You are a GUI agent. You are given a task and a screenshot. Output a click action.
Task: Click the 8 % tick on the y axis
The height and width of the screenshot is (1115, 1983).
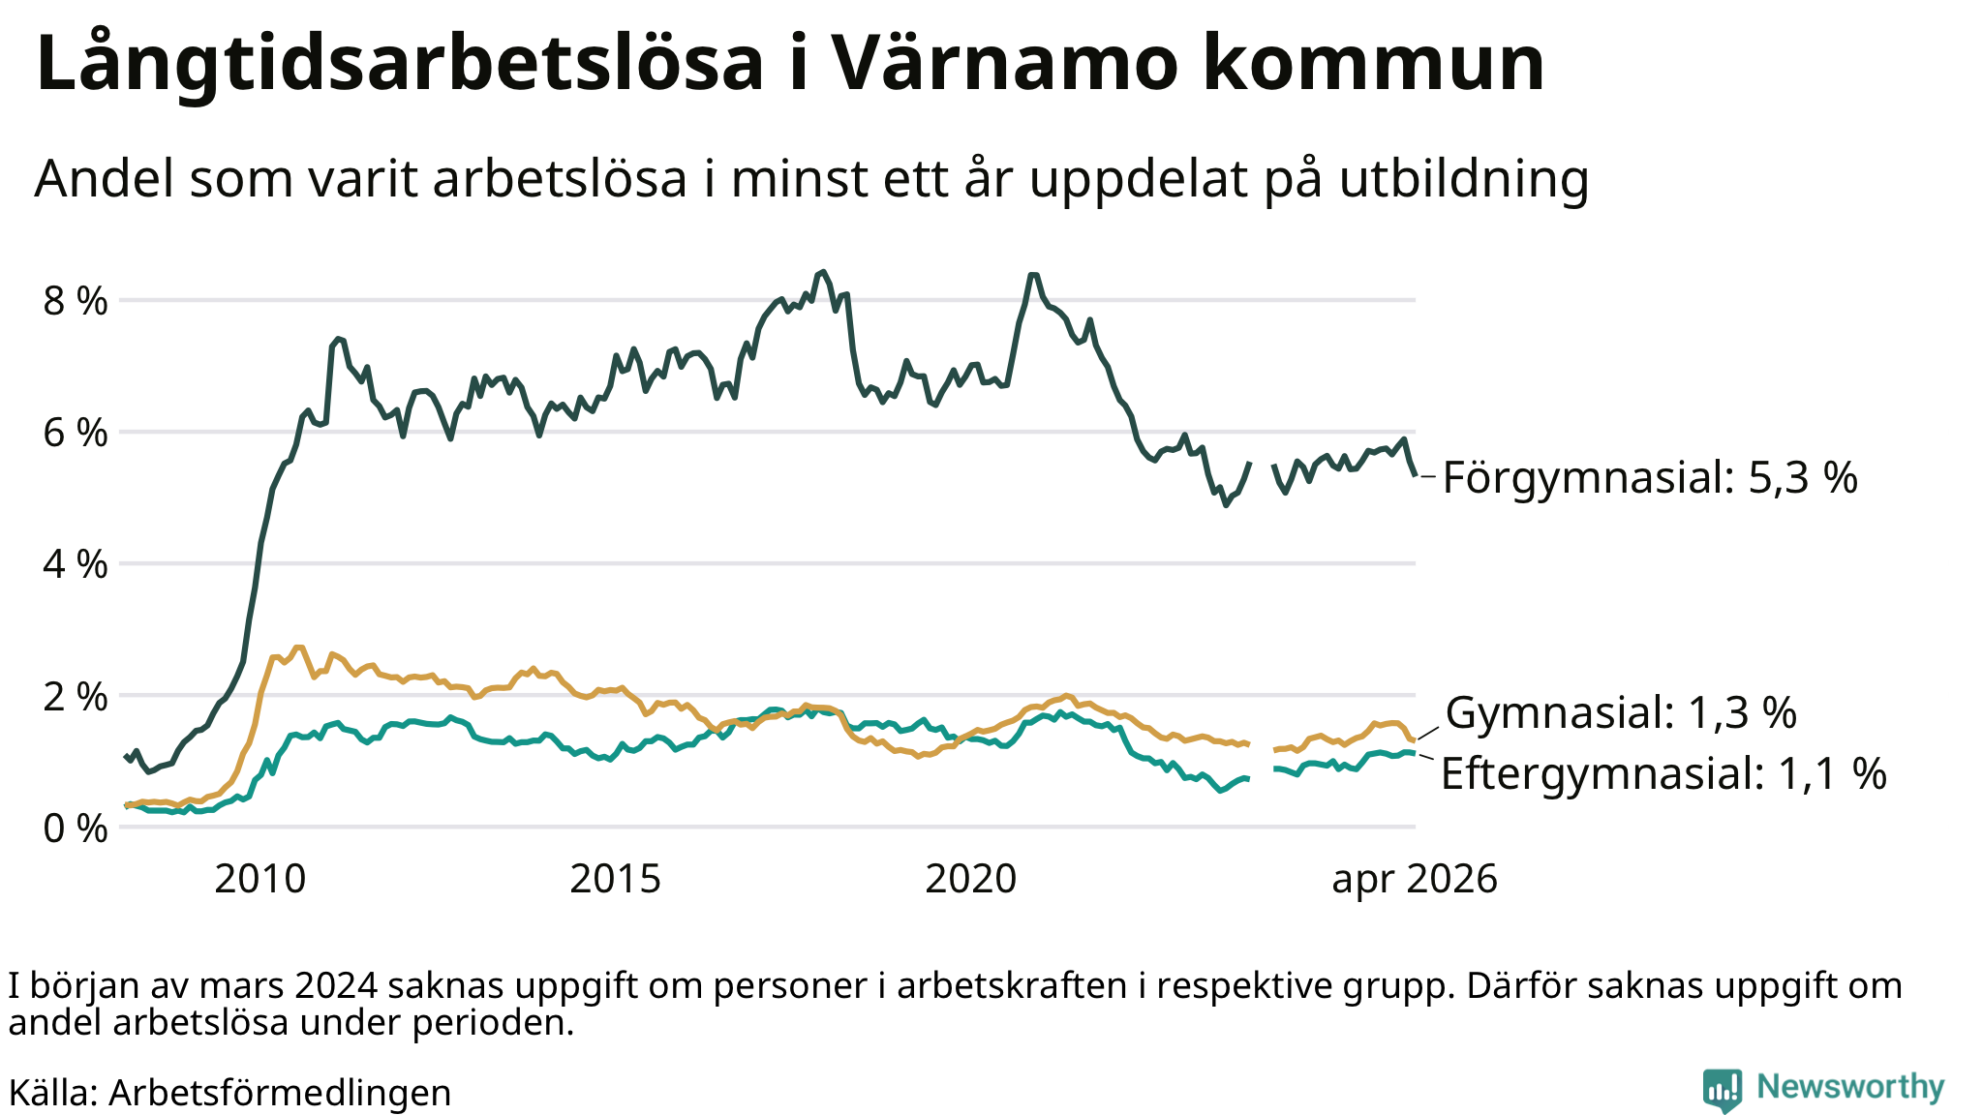coord(76,301)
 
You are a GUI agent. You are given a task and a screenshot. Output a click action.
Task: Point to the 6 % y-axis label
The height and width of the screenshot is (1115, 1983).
coord(76,433)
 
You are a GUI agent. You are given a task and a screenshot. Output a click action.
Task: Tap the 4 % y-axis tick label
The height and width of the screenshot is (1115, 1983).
coord(76,564)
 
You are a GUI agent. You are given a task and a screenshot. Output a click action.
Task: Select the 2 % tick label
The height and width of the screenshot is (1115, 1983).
coord(76,696)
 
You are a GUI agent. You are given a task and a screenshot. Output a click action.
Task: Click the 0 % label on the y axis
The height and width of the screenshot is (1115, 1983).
coord(76,828)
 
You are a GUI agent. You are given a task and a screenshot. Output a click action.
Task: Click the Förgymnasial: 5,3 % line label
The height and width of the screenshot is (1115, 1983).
coord(1650,478)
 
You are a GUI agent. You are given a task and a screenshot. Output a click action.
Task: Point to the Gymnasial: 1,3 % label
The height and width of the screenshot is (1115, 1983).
coord(1621,713)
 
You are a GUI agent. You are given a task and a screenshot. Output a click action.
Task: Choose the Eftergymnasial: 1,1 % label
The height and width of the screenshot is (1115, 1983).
coord(1663,774)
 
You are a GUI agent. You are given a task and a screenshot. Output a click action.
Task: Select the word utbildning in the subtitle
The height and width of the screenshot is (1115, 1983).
coord(1464,179)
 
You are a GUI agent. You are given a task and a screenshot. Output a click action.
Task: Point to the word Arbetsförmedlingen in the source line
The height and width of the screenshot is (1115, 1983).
coord(280,1093)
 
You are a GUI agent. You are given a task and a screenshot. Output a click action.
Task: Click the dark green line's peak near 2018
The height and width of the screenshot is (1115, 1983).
coord(823,272)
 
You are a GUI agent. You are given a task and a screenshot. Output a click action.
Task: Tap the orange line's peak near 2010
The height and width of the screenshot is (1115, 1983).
coord(298,647)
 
